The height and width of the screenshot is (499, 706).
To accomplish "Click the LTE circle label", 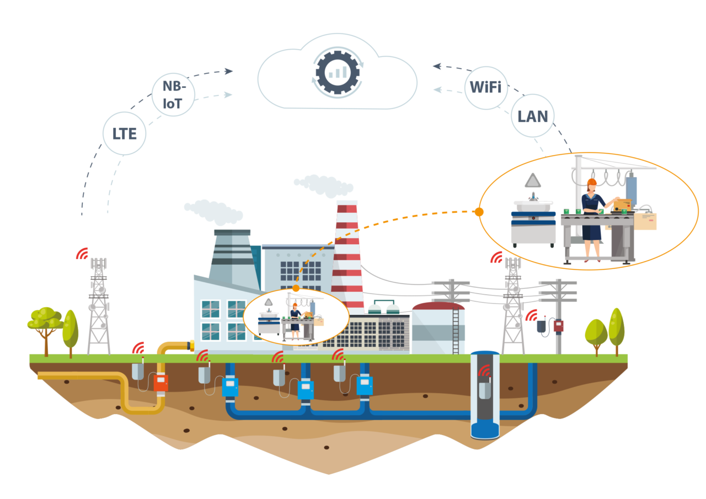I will coord(125,133).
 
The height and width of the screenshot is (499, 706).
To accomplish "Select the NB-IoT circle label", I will coord(173,95).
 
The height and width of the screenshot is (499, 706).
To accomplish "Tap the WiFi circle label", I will coord(485,88).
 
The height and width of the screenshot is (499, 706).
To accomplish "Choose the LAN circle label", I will coord(532,116).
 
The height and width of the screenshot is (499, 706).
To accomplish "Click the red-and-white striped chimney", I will coord(347,254).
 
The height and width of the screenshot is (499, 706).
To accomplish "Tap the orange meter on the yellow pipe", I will coord(161,382).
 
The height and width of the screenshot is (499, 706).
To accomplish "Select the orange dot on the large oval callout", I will coord(478,212).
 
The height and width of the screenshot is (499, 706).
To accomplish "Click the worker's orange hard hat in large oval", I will coord(592,183).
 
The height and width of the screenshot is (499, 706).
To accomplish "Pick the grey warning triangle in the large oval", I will coord(533,180).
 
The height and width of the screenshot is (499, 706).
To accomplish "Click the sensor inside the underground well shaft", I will coord(484,389).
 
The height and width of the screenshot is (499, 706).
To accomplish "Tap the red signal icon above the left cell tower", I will coord(82,253).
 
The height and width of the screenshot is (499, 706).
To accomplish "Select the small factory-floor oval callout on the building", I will coord(296,318).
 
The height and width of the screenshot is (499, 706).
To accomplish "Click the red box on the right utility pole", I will coord(559,325).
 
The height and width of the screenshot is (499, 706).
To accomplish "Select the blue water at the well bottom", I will coord(484,429).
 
